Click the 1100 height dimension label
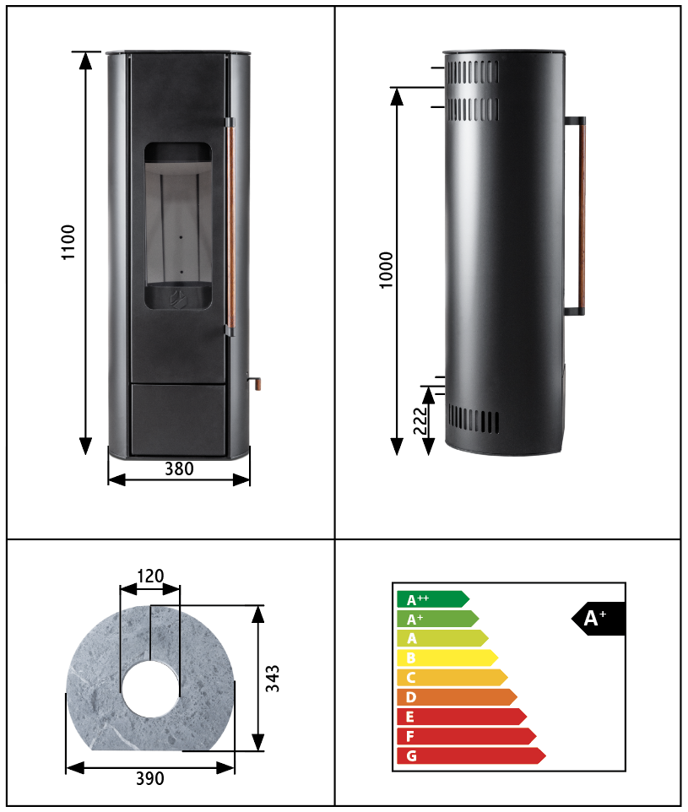coord(68,242)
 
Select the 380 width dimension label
coord(179,468)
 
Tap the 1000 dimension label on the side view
coord(387,270)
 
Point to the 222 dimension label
coord(420,420)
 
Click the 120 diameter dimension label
coord(150,576)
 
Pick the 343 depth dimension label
coord(273,679)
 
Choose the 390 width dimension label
coord(150,778)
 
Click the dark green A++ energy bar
coord(433,599)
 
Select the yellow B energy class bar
coord(447,658)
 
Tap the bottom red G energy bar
coord(471,755)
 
